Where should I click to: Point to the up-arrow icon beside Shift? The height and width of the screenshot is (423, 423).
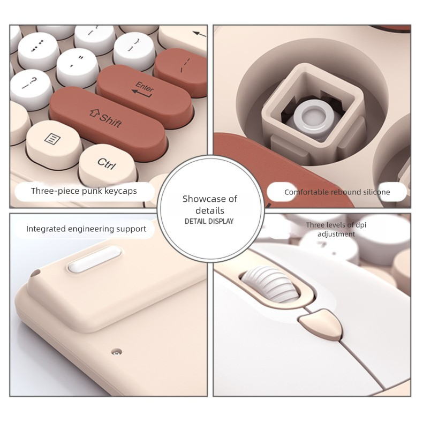(94, 114)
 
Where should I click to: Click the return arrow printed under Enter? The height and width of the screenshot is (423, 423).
(142, 94)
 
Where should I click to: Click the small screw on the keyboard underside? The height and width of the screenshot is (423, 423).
(117, 352)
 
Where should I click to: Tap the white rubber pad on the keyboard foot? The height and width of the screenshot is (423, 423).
(94, 260)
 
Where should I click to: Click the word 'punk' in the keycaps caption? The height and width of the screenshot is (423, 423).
(92, 191)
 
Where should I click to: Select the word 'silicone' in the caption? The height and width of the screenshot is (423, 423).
(376, 192)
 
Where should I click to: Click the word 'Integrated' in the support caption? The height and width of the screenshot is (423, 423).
(46, 229)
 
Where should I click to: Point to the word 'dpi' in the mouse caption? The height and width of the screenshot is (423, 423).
(361, 225)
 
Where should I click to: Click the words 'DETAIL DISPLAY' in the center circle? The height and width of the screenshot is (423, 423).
(209, 221)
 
